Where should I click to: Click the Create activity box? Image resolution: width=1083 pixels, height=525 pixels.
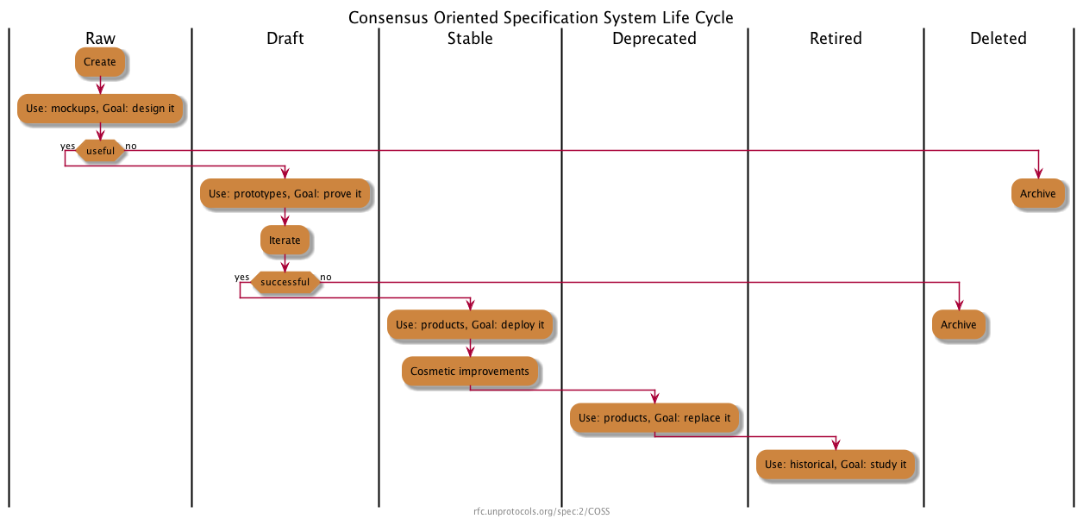(100, 62)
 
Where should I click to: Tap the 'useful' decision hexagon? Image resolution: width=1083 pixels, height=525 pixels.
(100, 151)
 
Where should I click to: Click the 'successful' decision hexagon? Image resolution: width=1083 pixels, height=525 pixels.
(285, 282)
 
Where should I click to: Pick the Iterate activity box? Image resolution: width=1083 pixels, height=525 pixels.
(285, 240)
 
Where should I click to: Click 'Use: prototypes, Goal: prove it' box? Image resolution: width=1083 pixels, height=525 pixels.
(285, 194)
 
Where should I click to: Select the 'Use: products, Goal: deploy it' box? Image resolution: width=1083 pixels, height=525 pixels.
(470, 325)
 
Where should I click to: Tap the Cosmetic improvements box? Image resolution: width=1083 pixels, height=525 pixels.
(470, 372)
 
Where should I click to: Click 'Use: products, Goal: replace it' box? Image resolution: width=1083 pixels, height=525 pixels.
(654, 418)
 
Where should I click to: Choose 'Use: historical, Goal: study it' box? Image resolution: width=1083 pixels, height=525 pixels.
(836, 464)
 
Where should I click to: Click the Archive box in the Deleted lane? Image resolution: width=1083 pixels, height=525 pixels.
(1037, 194)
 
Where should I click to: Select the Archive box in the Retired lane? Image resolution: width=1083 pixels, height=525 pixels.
(958, 325)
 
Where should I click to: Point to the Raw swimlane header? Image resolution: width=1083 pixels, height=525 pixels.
(100, 38)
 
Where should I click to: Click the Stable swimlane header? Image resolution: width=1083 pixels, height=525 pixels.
(470, 38)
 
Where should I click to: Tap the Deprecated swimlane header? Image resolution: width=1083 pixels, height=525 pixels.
(654, 38)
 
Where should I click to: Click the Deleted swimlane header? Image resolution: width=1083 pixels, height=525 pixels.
(998, 38)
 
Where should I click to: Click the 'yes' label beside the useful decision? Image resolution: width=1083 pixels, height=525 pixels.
(67, 146)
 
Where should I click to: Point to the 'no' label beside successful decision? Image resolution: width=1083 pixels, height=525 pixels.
(326, 277)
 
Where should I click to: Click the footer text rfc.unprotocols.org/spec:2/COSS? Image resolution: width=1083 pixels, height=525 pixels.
(541, 511)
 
